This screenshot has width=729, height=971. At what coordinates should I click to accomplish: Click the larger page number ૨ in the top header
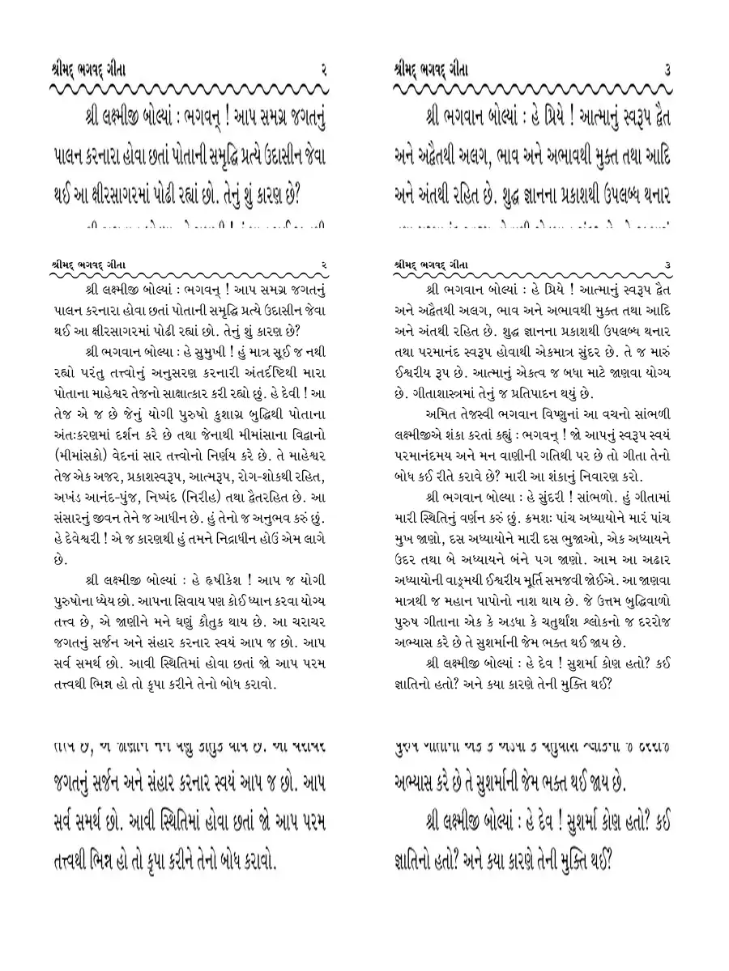coord(323,70)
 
